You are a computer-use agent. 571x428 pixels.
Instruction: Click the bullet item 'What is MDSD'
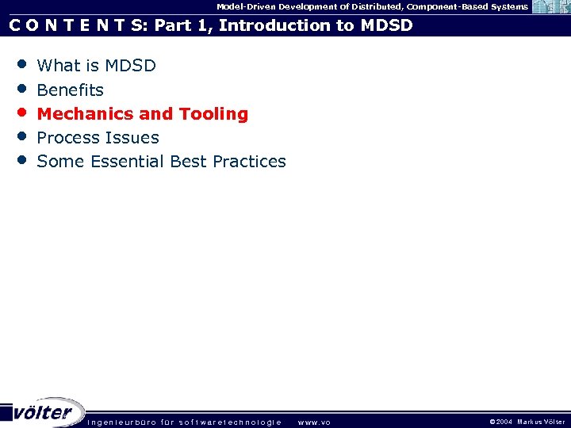click(x=96, y=66)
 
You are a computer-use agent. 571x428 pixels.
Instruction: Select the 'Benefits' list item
click(x=70, y=90)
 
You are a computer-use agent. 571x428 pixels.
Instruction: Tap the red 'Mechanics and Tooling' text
click(x=143, y=114)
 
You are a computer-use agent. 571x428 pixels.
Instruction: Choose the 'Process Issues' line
click(x=98, y=138)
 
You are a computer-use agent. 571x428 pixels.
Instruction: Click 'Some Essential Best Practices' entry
click(x=161, y=162)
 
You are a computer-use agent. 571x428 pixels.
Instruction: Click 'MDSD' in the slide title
click(x=386, y=25)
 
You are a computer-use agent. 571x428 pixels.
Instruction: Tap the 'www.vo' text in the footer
click(x=314, y=422)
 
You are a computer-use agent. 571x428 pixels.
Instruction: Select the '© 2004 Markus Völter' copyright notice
click(x=527, y=422)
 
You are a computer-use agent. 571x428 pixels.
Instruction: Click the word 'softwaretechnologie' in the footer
click(x=230, y=422)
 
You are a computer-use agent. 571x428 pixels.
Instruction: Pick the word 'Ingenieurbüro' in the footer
click(x=121, y=422)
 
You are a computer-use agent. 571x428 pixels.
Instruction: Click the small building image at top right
click(x=550, y=7)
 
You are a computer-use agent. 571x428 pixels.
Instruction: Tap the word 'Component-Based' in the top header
click(x=443, y=6)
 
